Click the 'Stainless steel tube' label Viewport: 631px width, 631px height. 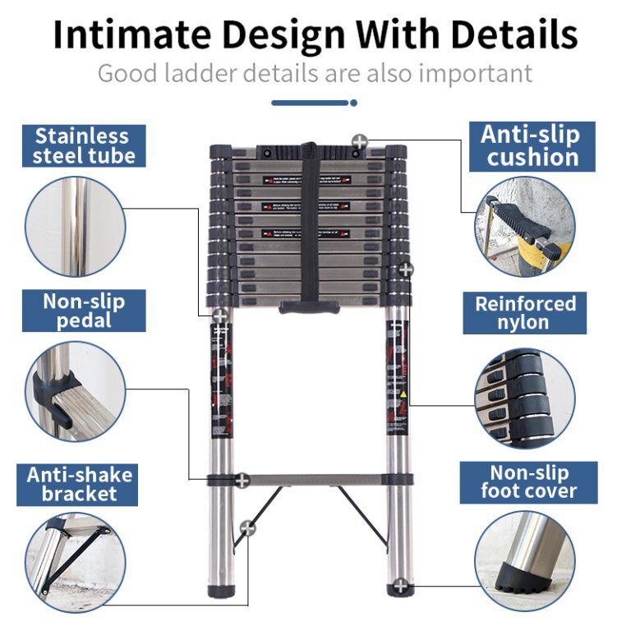coord(81,146)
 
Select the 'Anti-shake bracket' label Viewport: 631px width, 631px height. coord(80,484)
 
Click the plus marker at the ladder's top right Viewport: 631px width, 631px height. coord(357,140)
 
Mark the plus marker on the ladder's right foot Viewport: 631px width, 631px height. coord(399,586)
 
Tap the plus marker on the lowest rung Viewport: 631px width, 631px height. coord(242,480)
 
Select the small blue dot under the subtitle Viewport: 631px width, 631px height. coord(354,103)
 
